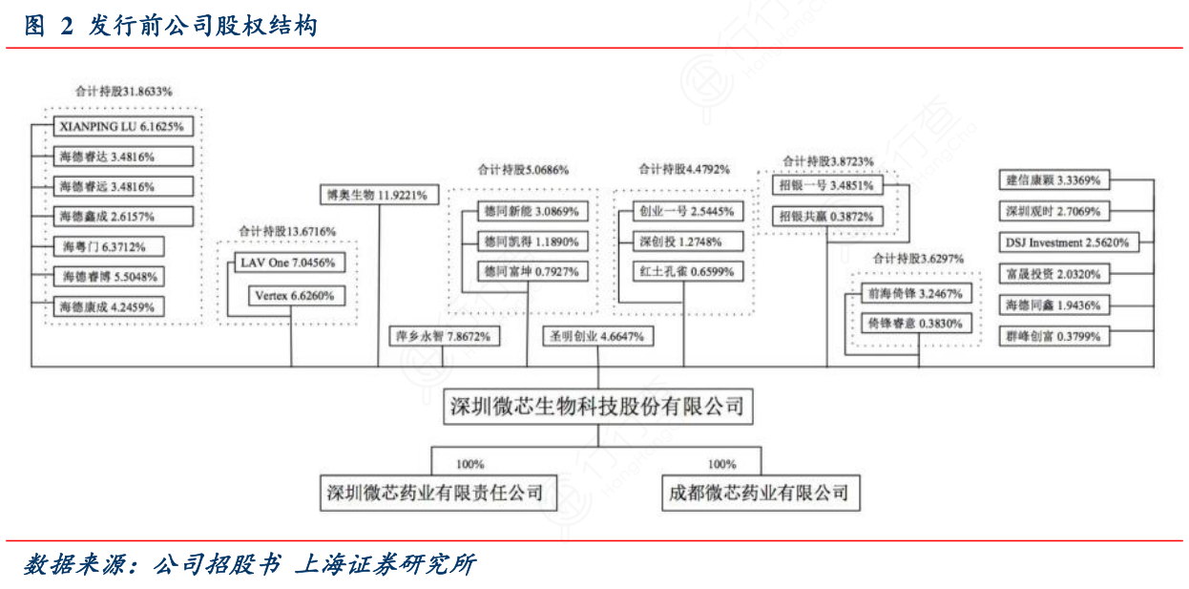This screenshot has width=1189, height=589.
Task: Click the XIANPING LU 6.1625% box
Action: pos(121,126)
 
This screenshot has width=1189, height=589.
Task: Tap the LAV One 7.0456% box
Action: pos(286,263)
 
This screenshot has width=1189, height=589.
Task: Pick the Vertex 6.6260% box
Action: pos(295,296)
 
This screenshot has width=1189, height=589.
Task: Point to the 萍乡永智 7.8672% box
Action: pos(443,336)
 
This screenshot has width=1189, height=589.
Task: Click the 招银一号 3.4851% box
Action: pos(825,185)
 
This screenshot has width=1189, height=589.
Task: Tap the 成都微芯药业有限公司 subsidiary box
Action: pos(758,494)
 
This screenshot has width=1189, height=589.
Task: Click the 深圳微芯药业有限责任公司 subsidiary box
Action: pos(434,494)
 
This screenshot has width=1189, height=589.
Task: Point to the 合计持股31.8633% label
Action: pos(123,92)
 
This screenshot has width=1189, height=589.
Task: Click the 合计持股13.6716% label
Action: pos(287,231)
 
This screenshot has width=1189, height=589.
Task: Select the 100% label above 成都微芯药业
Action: pos(722,465)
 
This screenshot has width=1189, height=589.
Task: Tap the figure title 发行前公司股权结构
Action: pos(203,26)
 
